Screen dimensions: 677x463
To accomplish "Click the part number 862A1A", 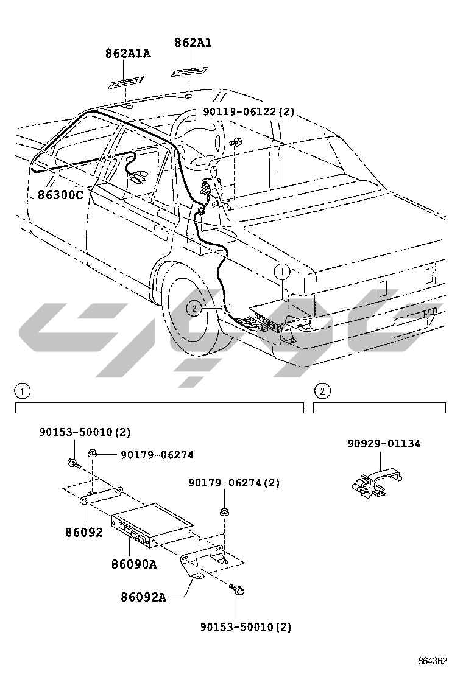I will [127, 54].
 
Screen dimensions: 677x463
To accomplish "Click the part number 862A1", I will [193, 43].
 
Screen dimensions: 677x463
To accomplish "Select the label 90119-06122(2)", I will [249, 112].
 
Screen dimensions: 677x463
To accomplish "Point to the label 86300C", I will [60, 195].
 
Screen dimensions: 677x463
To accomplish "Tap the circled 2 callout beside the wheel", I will [194, 309].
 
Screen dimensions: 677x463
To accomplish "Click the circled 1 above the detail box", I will [21, 390].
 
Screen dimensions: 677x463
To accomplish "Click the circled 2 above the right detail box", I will [322, 390].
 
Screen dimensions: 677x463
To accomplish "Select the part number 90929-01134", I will [384, 444].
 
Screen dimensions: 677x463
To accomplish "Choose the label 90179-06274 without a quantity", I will [157, 455].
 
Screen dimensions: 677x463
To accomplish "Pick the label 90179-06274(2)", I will [234, 483].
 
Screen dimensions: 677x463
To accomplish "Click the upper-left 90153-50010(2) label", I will [85, 432].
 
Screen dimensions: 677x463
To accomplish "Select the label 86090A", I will [134, 564].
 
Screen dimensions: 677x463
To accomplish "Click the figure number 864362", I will [433, 661].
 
